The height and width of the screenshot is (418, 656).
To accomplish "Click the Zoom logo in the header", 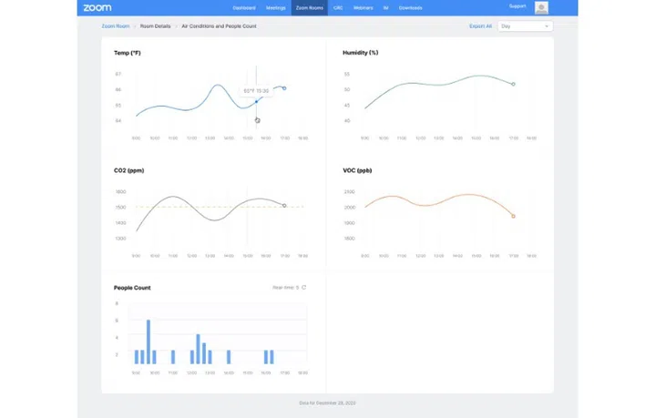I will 97,7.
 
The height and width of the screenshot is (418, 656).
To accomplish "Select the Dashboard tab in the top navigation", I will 244,7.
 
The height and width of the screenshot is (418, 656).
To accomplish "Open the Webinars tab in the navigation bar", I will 363,7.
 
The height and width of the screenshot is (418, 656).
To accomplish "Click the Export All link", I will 480,26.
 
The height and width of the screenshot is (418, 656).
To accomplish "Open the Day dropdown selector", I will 526,26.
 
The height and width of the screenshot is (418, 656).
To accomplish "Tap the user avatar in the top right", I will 541,7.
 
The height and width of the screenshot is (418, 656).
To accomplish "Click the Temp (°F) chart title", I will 128,53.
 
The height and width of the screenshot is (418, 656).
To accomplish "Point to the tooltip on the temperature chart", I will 255,91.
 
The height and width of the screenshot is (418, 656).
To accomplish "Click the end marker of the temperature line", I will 284,88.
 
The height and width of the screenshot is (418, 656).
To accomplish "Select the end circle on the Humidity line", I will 513,84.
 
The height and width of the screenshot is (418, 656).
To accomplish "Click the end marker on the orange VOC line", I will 513,216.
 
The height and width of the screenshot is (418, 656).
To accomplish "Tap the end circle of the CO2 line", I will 284,206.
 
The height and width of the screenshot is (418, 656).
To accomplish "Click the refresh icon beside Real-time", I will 303,288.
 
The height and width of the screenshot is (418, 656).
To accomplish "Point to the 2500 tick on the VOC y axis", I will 348,192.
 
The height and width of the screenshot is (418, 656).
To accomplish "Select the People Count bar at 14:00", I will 229,356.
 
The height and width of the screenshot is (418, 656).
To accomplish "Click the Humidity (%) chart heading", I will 360,53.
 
